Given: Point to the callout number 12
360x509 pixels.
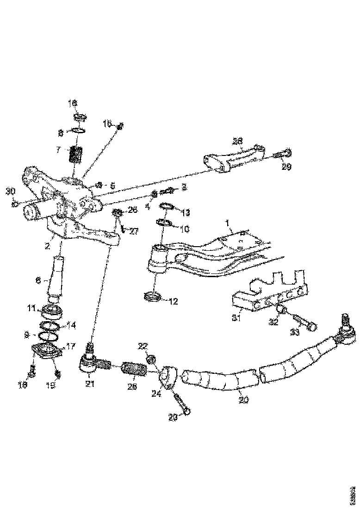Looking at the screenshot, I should coord(173,302).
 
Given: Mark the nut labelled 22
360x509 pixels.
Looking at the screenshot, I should coord(151,359).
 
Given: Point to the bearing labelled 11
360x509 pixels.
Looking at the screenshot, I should coord(53,310).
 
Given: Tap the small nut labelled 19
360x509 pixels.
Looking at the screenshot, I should coord(58,373).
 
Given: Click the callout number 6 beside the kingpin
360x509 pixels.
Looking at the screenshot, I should coord(40,280).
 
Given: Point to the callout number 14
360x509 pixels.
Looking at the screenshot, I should coord(71,325).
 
